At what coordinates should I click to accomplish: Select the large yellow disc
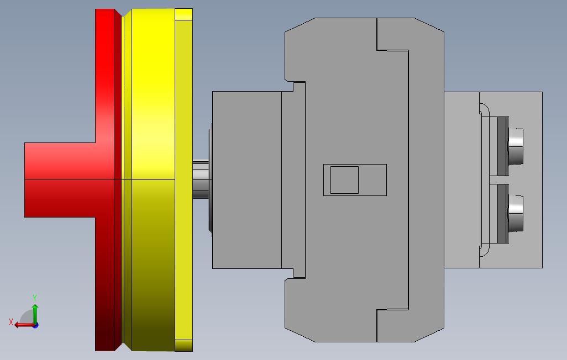tap(153, 179)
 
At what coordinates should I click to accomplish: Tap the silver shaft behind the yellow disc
tap(201, 179)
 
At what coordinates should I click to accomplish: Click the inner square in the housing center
tap(344, 180)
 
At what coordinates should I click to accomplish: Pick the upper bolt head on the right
tap(516, 146)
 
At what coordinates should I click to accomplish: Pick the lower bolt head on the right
tap(516, 213)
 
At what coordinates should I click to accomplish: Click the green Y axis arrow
tap(35, 314)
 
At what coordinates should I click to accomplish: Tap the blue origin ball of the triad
tap(35, 325)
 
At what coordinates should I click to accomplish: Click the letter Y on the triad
tap(35, 298)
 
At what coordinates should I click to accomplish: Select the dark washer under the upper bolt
tap(502, 146)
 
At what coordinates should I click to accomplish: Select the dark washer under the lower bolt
tap(502, 213)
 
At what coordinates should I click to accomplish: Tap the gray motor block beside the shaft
tap(246, 179)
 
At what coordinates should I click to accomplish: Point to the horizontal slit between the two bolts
tap(508, 180)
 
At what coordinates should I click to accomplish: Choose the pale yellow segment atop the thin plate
tap(183, 14)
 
